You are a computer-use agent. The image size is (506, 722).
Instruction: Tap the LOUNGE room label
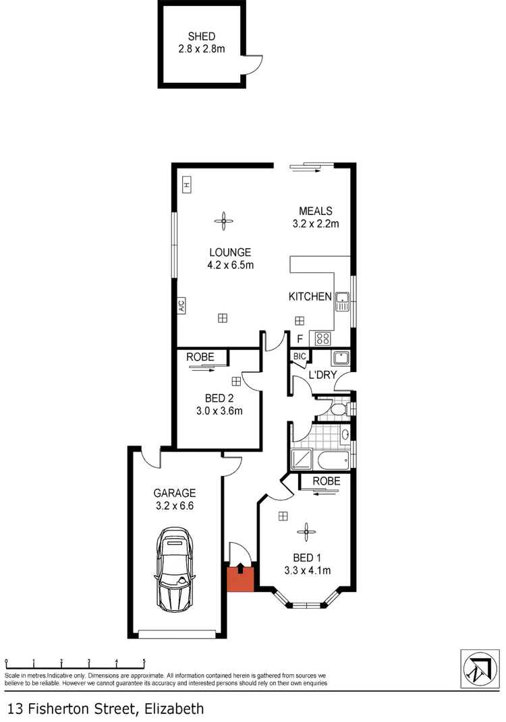230,253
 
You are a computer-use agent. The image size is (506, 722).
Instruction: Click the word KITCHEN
310,297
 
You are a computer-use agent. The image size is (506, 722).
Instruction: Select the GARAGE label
174,493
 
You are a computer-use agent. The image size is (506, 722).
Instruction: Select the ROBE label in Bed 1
326,481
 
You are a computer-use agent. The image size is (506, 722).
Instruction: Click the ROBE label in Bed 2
200,357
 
